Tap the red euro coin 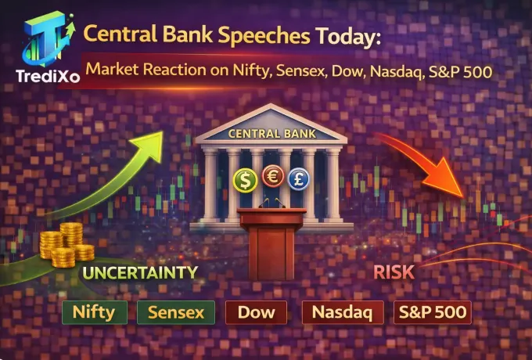tap(273, 175)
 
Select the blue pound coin tap(298, 179)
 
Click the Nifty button tap(94, 313)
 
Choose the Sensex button tap(176, 313)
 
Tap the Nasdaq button tap(343, 313)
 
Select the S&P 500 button tap(433, 313)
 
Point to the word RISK tap(394, 273)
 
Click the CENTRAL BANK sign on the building tap(272, 134)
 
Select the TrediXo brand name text tap(45, 75)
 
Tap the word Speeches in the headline tap(246, 35)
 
